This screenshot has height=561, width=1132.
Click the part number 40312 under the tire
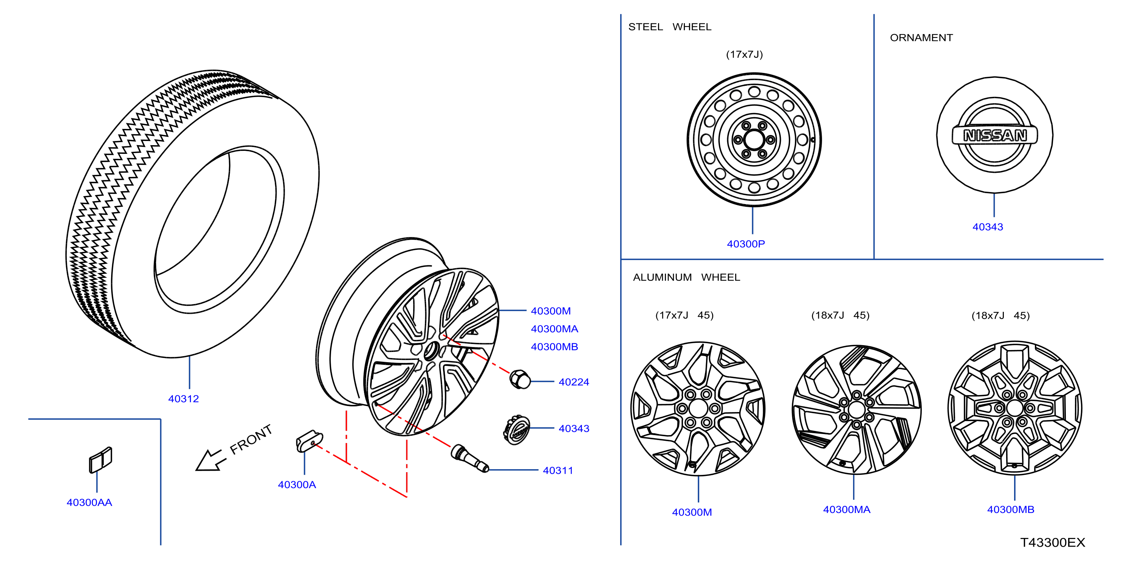pyautogui.click(x=183, y=399)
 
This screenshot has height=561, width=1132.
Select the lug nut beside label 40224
pyautogui.click(x=519, y=379)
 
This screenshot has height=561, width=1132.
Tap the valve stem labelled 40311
pyautogui.click(x=470, y=458)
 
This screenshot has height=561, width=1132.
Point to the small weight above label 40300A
pyautogui.click(x=310, y=440)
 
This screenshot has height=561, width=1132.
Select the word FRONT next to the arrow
pyautogui.click(x=251, y=439)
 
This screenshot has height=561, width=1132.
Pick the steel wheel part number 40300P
pyautogui.click(x=746, y=244)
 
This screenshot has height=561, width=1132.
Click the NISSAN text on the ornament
pyautogui.click(x=995, y=135)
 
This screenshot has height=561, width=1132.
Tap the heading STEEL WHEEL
pyautogui.click(x=670, y=27)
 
